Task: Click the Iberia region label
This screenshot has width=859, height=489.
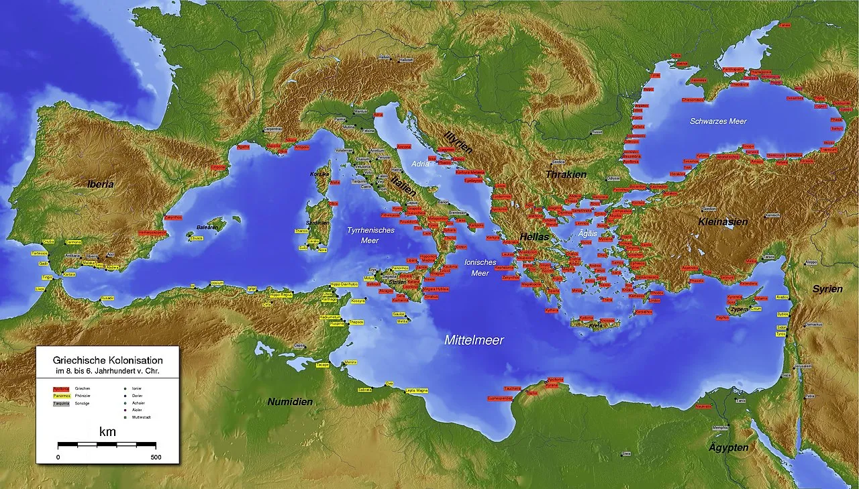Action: tap(100, 184)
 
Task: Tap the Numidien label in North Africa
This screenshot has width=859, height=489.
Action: tap(290, 402)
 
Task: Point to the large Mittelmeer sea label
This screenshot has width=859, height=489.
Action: tap(474, 340)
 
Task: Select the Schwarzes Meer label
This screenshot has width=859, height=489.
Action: tap(718, 121)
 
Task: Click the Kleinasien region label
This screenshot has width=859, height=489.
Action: tap(723, 221)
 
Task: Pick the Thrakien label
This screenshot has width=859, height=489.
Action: tap(566, 174)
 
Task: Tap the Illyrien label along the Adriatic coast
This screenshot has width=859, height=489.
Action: tap(458, 143)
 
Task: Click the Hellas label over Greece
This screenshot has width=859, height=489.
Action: tap(534, 237)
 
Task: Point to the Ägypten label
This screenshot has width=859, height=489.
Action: tap(729, 447)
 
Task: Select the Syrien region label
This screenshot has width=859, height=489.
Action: tap(827, 289)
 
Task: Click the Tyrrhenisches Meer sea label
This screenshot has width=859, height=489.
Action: tap(371, 235)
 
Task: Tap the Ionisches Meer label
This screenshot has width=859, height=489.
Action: tap(480, 268)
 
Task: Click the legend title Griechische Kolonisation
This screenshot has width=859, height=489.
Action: tap(107, 360)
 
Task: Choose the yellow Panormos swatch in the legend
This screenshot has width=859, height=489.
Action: tap(61, 396)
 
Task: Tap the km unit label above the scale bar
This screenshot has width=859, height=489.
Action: tap(107, 432)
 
